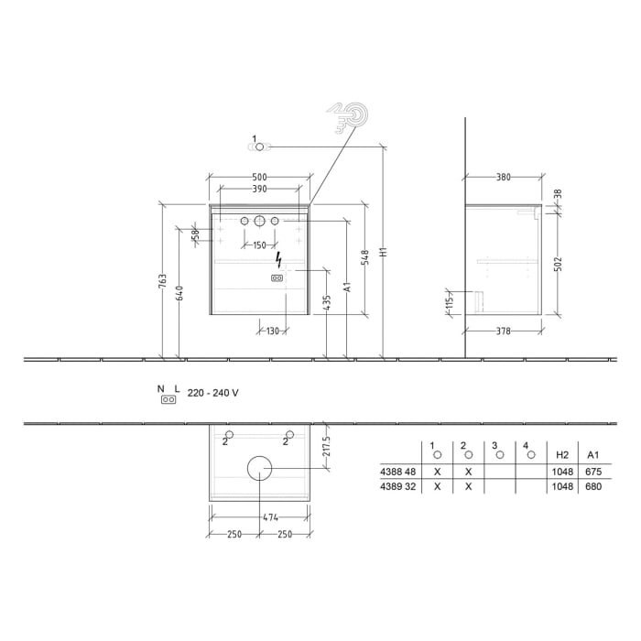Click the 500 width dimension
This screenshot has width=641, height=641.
[259, 177]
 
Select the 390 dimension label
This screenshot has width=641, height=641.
[259, 190]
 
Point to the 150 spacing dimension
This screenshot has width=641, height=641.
[259, 244]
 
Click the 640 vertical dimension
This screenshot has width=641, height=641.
[179, 292]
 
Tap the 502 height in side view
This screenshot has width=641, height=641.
[557, 264]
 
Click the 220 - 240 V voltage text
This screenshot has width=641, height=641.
[212, 393]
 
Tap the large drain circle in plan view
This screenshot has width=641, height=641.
[259, 468]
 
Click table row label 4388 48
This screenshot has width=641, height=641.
[399, 472]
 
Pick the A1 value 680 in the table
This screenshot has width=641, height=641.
[592, 487]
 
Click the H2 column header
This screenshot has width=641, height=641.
[562, 454]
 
